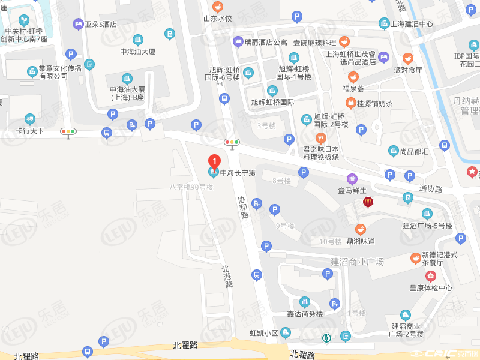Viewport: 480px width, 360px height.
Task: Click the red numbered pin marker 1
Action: point(214,161)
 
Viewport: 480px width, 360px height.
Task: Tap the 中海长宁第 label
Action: point(238,173)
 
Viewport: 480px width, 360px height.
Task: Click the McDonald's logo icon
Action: point(368,202)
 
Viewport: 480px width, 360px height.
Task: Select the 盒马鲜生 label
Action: point(352,190)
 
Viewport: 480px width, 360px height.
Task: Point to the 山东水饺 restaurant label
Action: point(217,19)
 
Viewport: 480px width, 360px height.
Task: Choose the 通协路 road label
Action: point(431,188)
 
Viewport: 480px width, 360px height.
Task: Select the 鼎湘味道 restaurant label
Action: point(360,241)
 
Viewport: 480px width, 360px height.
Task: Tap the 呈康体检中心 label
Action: point(431,287)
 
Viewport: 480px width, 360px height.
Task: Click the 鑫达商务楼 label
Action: point(305,314)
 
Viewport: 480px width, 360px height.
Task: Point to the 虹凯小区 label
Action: point(264,333)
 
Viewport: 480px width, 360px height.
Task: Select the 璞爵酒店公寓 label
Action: point(266,42)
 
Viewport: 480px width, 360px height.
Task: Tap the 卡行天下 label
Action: point(30,130)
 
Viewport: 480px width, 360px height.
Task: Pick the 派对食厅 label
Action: point(408,70)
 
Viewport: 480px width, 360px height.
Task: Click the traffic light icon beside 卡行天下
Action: point(68,131)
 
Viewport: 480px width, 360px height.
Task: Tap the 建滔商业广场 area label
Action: point(357,262)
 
